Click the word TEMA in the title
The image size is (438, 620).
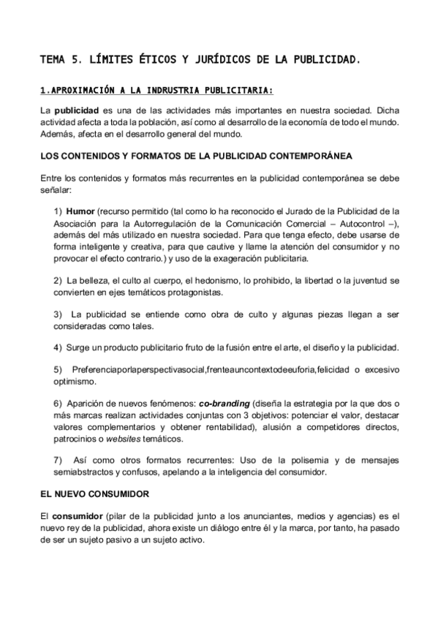(x=53, y=58)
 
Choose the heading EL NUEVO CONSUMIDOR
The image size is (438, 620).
(x=95, y=495)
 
